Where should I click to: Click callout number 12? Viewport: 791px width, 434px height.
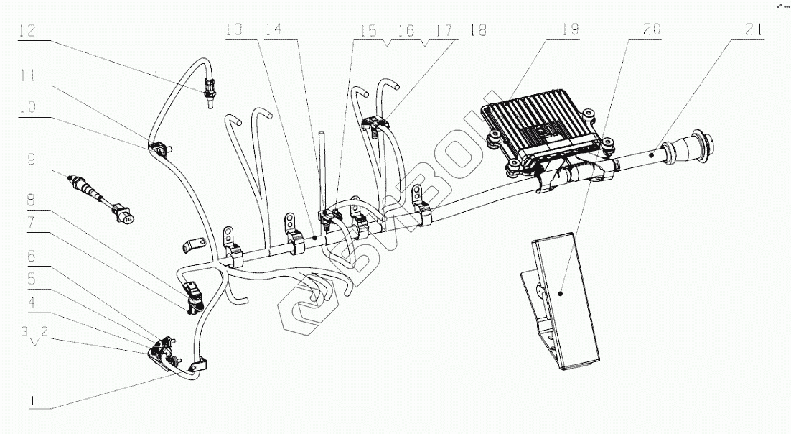[x=27, y=30]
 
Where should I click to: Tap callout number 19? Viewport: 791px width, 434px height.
[x=571, y=30]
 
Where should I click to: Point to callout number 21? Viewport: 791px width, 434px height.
[x=754, y=30]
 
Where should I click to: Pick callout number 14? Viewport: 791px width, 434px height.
[x=273, y=30]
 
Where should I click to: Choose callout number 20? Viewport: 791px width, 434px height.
[x=652, y=30]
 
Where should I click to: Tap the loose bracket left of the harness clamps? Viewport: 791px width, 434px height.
[x=192, y=244]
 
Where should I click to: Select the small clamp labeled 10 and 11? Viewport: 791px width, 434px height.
[x=159, y=148]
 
